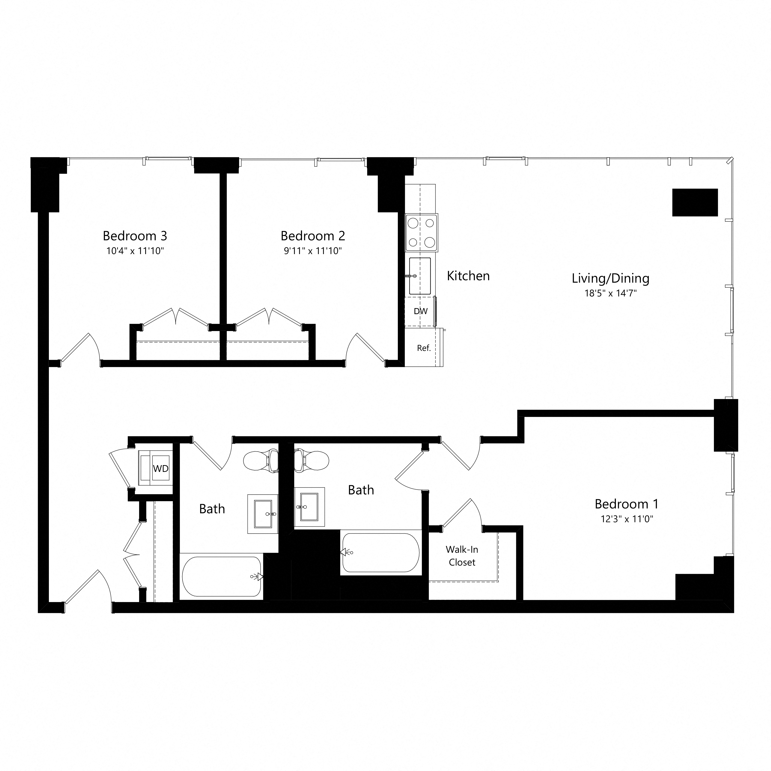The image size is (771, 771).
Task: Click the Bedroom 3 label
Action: coord(135,236)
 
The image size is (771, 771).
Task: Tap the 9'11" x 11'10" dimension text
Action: coord(313,251)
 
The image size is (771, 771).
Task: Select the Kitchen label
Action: coord(468,276)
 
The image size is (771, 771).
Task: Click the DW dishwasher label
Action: coord(421,311)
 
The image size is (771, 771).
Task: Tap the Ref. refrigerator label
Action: coord(424,348)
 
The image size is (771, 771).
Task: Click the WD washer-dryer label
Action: coord(161,469)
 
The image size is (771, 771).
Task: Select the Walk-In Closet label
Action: coord(462,556)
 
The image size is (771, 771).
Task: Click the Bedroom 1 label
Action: coord(626,504)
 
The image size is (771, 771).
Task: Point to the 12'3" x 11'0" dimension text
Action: coord(626,519)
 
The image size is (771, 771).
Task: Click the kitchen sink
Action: coord(420,276)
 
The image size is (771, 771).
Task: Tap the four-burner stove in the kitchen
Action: coord(421,232)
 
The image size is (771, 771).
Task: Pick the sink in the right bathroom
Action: coord(309,507)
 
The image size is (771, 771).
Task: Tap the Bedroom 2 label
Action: coord(313,236)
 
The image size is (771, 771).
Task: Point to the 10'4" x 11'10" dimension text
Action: coord(135,251)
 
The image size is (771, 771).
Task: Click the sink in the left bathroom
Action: coord(263,513)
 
